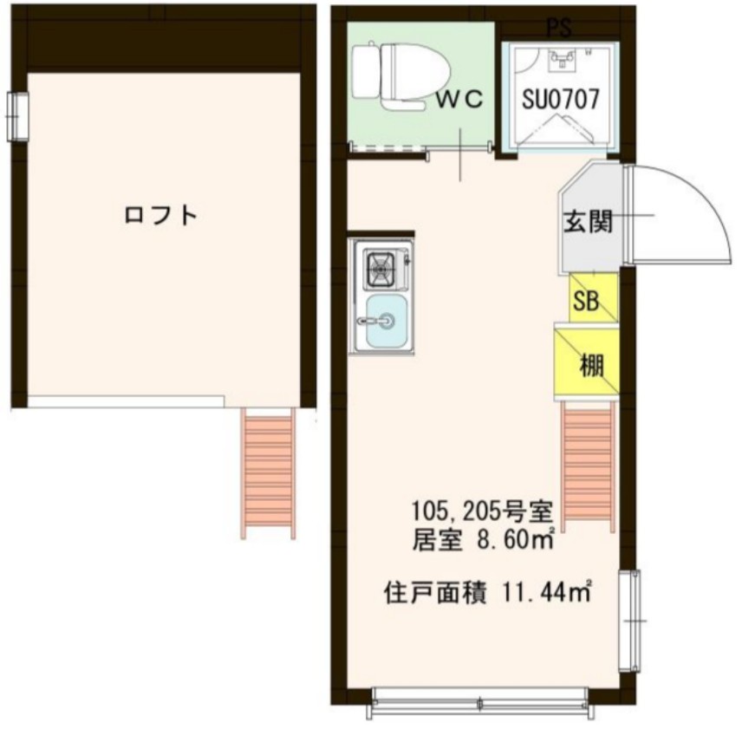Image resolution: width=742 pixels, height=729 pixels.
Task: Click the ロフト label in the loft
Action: coord(162,214)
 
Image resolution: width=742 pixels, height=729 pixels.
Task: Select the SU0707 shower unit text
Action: coord(561,99)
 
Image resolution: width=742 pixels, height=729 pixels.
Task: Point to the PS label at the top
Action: coord(559,29)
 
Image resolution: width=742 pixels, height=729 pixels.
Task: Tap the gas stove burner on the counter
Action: coord(381,269)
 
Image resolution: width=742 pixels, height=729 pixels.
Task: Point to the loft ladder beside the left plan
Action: coord(268,472)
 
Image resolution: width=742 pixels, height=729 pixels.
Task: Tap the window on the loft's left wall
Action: coord(16,115)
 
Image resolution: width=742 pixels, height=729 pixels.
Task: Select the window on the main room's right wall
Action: coord(630,621)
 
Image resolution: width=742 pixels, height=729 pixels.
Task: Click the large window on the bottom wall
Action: coord(479,700)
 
